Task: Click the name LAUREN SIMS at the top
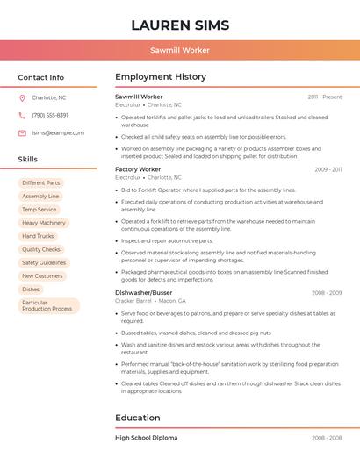tap(180, 25)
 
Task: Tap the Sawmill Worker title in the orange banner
tap(180, 50)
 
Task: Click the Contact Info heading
tap(40, 77)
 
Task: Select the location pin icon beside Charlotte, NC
tap(22, 97)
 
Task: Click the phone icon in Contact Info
tap(22, 115)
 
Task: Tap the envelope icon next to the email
tap(22, 132)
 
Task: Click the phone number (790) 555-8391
tap(50, 115)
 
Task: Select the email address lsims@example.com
tap(58, 132)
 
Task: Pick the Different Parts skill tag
tap(40, 183)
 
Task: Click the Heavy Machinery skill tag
tap(44, 223)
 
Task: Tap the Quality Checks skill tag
tap(41, 249)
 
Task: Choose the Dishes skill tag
tap(31, 289)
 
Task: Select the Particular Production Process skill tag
tap(47, 305)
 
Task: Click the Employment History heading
tap(160, 77)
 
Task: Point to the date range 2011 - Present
tap(324, 97)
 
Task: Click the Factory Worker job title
tap(138, 169)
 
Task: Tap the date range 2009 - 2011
tap(328, 169)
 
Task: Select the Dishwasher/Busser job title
tap(143, 292)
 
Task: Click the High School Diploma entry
tap(146, 437)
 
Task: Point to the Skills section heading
tap(27, 159)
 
